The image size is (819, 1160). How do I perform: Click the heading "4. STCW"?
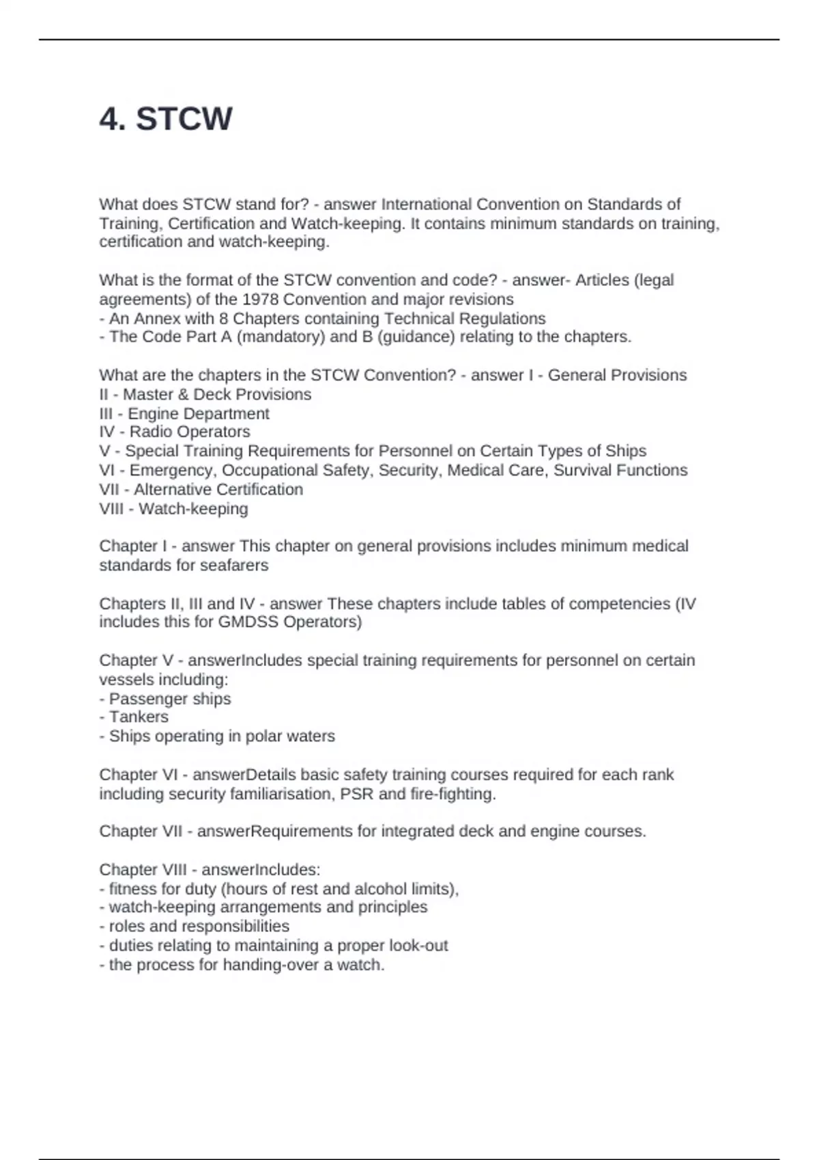[166, 119]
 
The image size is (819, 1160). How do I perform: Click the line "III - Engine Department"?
[184, 414]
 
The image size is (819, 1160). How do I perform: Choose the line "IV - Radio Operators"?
[175, 432]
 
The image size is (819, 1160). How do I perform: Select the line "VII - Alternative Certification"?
[201, 489]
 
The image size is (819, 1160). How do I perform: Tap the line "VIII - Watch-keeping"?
[173, 508]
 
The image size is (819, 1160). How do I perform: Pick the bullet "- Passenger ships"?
[165, 699]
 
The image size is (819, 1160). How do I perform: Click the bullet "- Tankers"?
[134, 717]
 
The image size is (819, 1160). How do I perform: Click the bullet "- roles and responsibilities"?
[195, 927]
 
